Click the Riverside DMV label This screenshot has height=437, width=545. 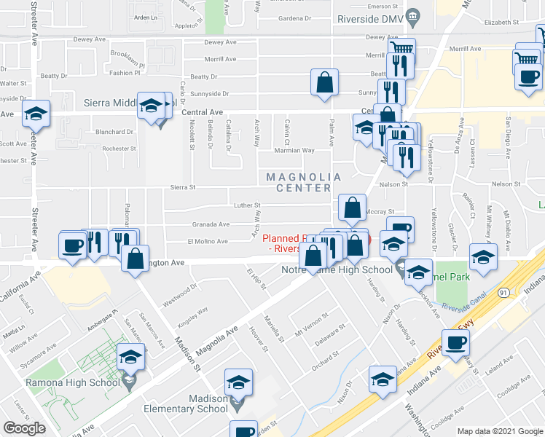pos(369,17)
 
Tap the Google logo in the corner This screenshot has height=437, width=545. pos(24,428)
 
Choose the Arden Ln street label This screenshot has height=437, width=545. pos(146,17)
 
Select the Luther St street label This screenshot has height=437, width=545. pos(246,205)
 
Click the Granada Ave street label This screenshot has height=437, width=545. pos(210,224)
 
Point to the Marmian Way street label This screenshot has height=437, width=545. pos(294,151)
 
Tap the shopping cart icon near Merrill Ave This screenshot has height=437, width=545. pos(401,51)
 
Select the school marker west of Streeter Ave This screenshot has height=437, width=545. pos(36,113)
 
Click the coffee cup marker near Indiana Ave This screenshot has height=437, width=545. pos(456,343)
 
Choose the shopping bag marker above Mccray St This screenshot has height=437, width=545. pos(352,208)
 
